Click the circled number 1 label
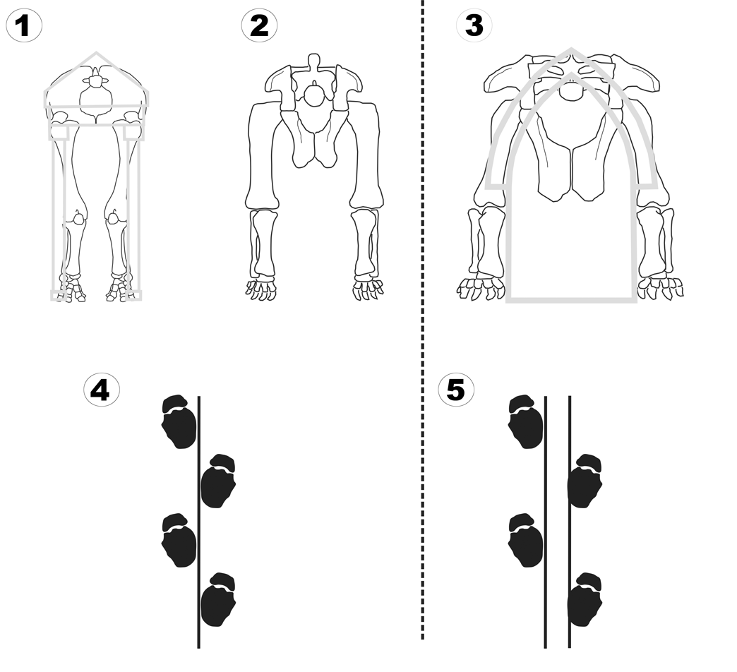(x=24, y=26)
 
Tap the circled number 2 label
(x=259, y=26)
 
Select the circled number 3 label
(x=474, y=26)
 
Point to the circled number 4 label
(x=101, y=389)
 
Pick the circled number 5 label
(x=456, y=389)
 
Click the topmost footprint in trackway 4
(x=179, y=422)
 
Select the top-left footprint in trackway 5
(x=526, y=422)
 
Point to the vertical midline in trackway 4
(x=198, y=522)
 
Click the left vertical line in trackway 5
(x=546, y=522)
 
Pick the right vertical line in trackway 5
(x=570, y=522)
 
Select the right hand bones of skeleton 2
(x=368, y=288)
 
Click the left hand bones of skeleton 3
(x=480, y=288)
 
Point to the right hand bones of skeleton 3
(x=661, y=287)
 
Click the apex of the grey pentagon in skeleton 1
(x=97, y=53)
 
